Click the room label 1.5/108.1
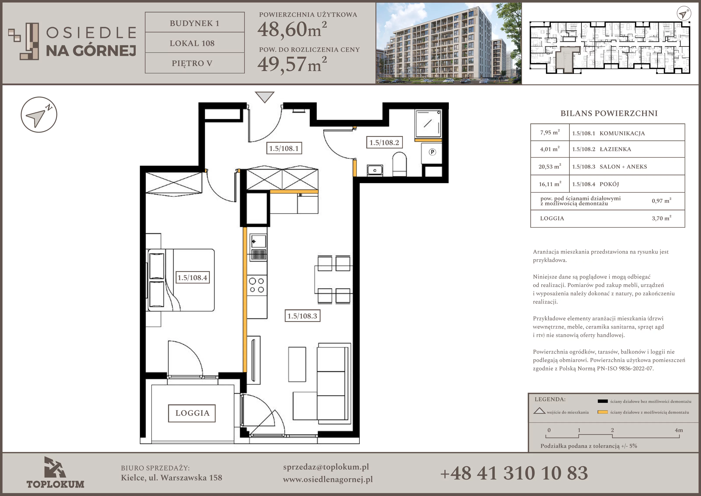(284, 148)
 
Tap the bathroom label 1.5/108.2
(384, 143)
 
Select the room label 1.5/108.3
(302, 316)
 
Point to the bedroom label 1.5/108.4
(192, 278)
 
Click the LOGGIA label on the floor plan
(192, 413)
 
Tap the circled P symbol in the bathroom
(432, 152)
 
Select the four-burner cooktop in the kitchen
(257, 285)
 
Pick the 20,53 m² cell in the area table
(550, 166)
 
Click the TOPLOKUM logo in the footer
(55, 473)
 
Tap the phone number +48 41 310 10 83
(514, 473)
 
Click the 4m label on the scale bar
(679, 430)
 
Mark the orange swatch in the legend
(603, 412)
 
